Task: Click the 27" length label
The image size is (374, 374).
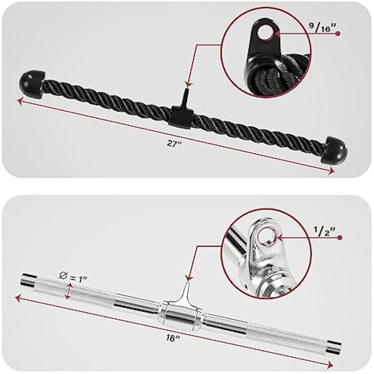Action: click(174, 144)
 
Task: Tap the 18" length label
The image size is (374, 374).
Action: click(173, 338)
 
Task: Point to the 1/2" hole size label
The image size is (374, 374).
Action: click(324, 231)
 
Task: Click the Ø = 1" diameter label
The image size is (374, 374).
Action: click(72, 278)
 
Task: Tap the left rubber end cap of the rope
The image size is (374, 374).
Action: click(31, 82)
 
